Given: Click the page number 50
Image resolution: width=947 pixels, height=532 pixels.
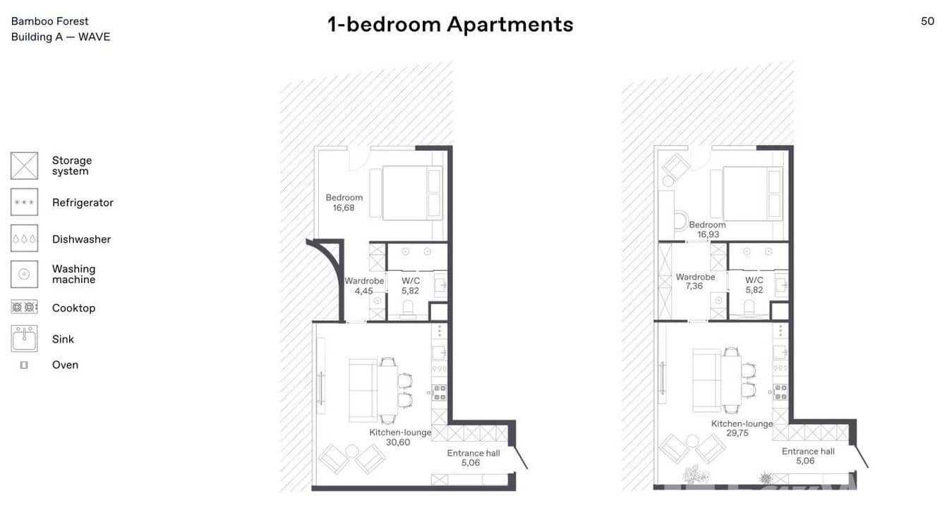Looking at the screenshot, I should coord(927,21).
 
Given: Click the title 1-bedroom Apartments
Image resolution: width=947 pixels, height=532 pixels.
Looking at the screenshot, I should coord(450,25).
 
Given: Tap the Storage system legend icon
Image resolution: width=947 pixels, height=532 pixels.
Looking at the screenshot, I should coord(25,166).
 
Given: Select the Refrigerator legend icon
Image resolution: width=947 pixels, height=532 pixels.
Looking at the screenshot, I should coord(25,202).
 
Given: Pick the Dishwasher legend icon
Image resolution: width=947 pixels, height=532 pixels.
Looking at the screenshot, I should coord(25,238).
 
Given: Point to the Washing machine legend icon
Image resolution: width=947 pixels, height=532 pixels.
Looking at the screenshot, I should coord(25,274).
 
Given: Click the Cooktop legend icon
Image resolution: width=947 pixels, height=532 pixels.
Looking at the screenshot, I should coord(25,307).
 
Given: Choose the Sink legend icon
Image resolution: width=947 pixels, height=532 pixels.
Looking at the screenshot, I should coord(25,339).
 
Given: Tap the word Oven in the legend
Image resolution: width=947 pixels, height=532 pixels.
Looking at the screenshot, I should coord(65,365).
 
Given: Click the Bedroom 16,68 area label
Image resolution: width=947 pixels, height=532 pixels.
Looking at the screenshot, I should coord(344,203).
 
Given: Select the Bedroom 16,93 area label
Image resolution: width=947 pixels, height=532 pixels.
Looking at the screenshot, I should coord(707,229).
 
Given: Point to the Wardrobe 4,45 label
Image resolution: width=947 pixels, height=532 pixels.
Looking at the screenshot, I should coord(364,286).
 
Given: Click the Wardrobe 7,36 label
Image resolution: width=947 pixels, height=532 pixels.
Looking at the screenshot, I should coord(695,282).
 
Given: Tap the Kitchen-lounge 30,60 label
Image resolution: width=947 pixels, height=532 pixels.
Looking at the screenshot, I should coord(399,437).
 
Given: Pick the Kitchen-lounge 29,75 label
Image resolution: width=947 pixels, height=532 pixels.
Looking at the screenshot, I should coord(741,428).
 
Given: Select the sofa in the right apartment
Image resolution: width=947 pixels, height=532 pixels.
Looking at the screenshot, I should coord(706,379).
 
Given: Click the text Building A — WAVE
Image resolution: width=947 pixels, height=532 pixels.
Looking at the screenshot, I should coord(61,37).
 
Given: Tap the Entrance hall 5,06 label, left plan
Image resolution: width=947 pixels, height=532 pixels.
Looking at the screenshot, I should coord(474,458).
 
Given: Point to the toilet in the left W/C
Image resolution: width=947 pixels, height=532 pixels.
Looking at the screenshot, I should coord(409,308).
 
